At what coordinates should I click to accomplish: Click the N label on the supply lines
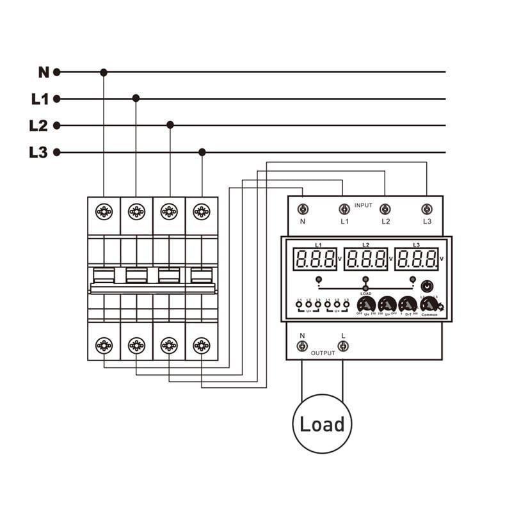pos(43,72)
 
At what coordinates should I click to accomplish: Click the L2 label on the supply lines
pos(39,125)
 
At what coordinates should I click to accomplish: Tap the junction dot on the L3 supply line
pos(202,152)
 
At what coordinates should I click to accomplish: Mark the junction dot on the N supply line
pos(104,72)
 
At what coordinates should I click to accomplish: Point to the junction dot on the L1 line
pos(136,99)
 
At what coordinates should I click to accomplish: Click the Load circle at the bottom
pos(322,424)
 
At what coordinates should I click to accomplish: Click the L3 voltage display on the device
pos(417,259)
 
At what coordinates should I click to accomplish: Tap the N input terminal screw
pos(303,209)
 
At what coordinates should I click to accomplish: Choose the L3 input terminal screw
pos(427,209)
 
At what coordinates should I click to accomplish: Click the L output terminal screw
pos(343,346)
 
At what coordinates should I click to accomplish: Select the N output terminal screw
pos(303,346)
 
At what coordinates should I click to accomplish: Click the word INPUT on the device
pos(363,205)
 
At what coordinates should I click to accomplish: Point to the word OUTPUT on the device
pos(323,353)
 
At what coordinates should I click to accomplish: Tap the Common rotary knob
pos(429,305)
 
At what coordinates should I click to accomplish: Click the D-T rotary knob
pos(407,304)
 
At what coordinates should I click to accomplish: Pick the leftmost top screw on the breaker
pos(104,211)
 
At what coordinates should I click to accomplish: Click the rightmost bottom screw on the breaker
pos(202,346)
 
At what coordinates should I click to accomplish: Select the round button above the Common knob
pos(428,285)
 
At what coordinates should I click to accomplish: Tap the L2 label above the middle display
pos(365,245)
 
